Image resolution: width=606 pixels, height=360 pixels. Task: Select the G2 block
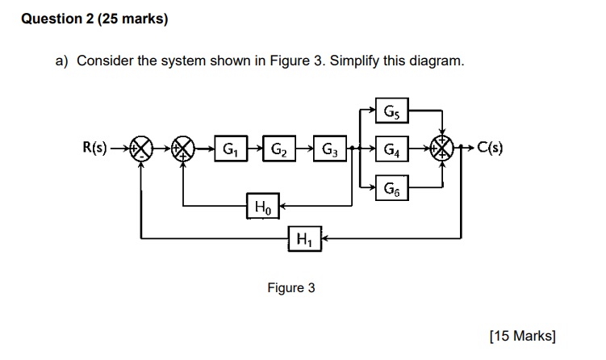pyautogui.click(x=279, y=149)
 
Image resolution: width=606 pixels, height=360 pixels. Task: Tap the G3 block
pyautogui.click(x=330, y=149)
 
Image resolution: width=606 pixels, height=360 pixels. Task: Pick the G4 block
pyautogui.click(x=392, y=149)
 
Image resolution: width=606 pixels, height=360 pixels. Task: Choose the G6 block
pyautogui.click(x=392, y=188)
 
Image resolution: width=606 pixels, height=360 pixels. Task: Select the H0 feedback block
pyautogui.click(x=260, y=207)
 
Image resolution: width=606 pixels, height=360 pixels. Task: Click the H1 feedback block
pyautogui.click(x=305, y=238)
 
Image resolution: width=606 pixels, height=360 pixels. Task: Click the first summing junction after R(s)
pyautogui.click(x=141, y=149)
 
